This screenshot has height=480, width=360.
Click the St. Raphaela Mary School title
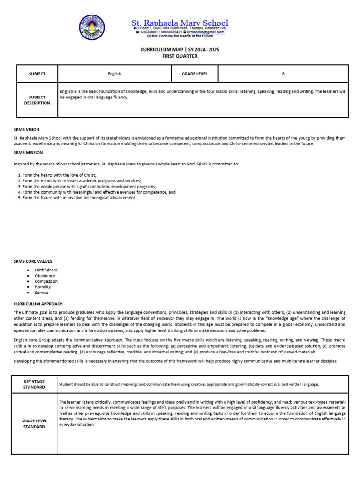180,22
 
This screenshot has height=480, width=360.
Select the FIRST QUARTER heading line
180,56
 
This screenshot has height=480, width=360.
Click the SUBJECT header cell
37,74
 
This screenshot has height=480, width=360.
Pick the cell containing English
114,74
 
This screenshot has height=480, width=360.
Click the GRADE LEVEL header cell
195,74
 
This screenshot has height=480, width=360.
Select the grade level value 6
283,74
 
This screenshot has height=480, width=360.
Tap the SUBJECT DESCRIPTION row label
37,100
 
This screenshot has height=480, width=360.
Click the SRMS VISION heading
27,129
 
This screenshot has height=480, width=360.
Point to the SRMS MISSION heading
28,152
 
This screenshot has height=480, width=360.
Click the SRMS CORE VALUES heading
33,261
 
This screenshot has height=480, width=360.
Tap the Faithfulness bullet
46,270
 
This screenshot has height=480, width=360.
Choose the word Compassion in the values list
46,281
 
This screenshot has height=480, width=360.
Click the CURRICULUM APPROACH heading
38,304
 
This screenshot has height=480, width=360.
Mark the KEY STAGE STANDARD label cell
34,384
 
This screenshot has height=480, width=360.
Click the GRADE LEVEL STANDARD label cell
34,424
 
